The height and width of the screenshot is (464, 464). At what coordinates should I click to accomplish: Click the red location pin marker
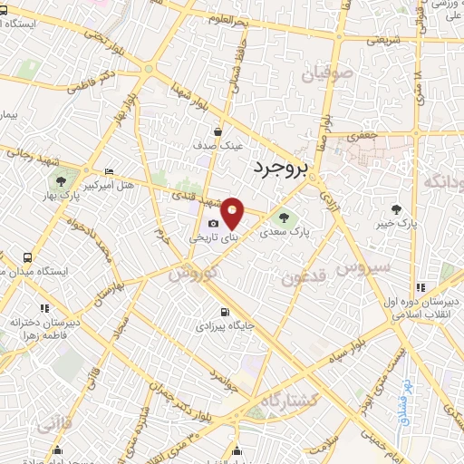click(x=232, y=212)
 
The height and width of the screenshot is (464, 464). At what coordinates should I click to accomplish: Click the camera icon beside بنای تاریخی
click(x=213, y=224)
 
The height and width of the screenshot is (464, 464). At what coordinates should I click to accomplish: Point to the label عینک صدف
click(x=220, y=145)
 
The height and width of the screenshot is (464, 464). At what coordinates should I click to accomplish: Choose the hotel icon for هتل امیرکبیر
click(x=110, y=172)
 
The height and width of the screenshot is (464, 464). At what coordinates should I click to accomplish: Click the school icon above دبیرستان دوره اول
click(x=420, y=287)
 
